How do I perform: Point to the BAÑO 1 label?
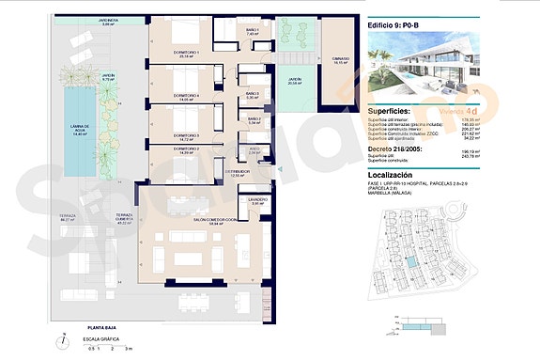252,30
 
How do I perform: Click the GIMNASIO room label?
338,61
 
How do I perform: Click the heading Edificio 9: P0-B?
400,27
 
